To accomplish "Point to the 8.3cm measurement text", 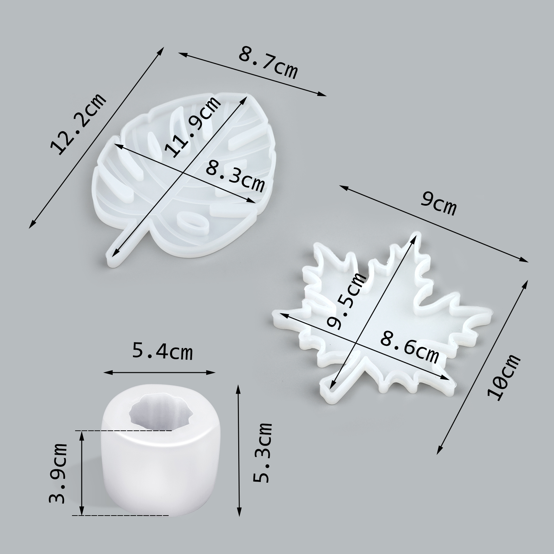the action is coord(235,177).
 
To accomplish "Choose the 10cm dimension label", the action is coord(503,377).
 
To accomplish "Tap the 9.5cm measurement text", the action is coord(346,300).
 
